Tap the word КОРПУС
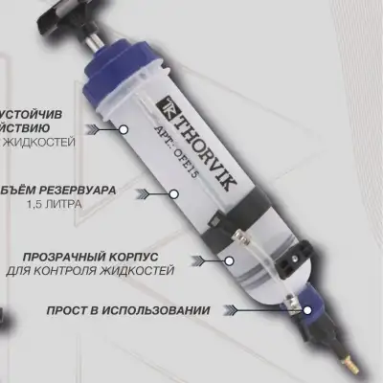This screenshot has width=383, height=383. [146, 258]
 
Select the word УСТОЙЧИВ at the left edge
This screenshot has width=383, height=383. [34, 112]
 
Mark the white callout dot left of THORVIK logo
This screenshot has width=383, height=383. [123, 126]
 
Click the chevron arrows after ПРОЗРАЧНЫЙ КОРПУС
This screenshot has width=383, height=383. [200, 259]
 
